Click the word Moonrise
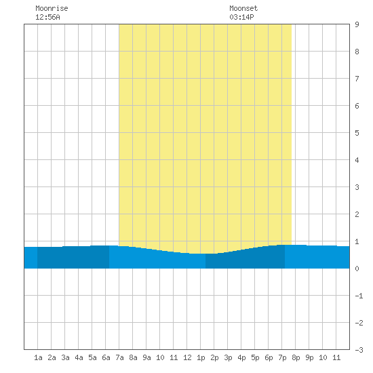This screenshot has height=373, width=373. tap(52, 8)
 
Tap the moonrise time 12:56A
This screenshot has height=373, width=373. tap(47, 17)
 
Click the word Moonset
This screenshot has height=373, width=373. tap(243, 8)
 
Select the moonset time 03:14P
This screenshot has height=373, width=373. tap(241, 17)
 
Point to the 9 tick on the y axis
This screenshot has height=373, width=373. tap(357, 24)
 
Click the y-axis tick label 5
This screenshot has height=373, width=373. tap(357, 133)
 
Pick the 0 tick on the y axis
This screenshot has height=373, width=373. tap(357, 269)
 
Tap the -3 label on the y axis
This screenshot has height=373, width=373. tap(359, 350)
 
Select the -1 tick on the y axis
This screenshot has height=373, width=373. tap(359, 296)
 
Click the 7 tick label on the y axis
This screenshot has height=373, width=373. tap(357, 79)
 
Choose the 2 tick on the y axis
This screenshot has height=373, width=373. tap(357, 214)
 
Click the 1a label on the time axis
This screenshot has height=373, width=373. tap(38, 357)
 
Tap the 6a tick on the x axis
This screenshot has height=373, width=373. tap(106, 357)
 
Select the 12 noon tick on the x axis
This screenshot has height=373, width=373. tap(187, 357)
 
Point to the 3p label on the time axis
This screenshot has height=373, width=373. tap(228, 357)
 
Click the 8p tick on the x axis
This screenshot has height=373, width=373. tap(296, 357)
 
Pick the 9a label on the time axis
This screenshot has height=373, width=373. tap(146, 357)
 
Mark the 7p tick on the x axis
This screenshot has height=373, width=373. tap(282, 357)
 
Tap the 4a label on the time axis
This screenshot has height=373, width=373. tap(79, 357)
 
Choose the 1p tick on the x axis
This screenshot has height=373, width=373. tap(201, 357)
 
